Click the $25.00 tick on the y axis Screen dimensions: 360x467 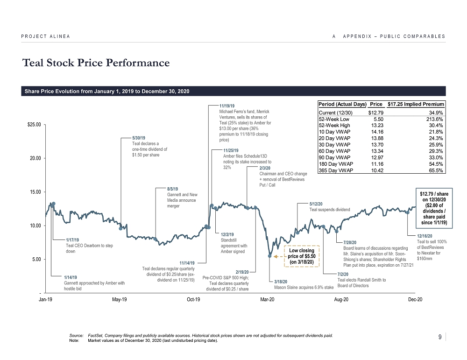click(x=34, y=125)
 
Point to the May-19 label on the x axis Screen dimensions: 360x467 click(x=120, y=299)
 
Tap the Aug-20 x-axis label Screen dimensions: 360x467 click(x=342, y=299)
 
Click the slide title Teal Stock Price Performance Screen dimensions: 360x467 click(x=95, y=63)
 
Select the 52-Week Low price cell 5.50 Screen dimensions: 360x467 click(x=378, y=119)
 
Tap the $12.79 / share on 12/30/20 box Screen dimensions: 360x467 click(x=431, y=208)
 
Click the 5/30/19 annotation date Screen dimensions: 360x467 click(x=139, y=138)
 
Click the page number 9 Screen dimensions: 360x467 click(x=441, y=337)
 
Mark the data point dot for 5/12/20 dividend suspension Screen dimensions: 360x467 click(x=297, y=233)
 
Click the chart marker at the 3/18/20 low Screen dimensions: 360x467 click(x=270, y=255)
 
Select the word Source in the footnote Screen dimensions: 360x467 click(x=75, y=336)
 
